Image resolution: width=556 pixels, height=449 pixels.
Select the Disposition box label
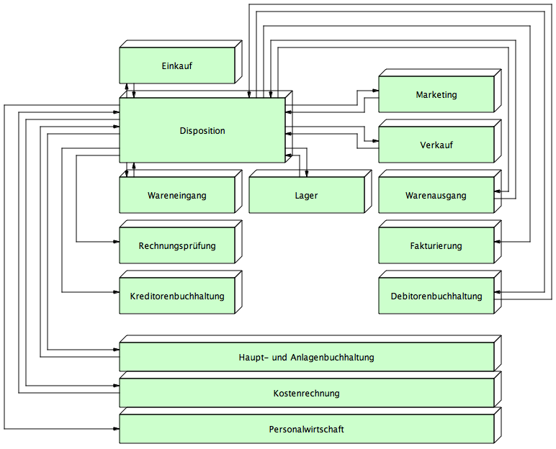pos(202,131)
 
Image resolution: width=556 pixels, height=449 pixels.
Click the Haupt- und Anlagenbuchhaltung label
pos(306,357)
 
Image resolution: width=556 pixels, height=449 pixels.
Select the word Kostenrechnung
pos(306,394)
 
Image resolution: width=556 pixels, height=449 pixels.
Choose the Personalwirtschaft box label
pos(306,429)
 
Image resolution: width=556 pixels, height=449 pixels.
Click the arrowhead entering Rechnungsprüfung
pos(116,242)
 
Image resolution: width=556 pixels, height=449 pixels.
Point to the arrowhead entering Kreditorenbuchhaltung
pos(116,292)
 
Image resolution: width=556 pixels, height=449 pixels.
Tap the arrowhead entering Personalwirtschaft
pos(116,429)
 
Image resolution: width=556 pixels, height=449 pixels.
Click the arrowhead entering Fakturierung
pos(497,242)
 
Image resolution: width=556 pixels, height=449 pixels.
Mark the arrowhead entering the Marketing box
pos(375,91)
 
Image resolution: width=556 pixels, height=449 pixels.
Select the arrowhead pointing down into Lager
pos(307,173)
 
